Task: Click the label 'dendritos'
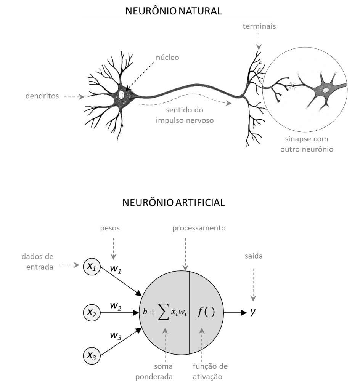click(x=42, y=96)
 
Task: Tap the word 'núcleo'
click(x=167, y=58)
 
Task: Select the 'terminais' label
click(x=259, y=26)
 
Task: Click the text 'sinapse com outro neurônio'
click(x=307, y=144)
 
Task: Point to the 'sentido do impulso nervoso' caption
click(x=185, y=115)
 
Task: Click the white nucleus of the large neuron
click(x=122, y=94)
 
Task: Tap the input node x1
click(x=92, y=267)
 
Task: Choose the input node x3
click(x=92, y=356)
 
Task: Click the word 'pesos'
click(x=110, y=228)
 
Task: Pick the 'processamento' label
click(x=199, y=228)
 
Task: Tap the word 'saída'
click(x=254, y=256)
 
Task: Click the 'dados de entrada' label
click(x=37, y=262)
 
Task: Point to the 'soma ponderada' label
click(x=163, y=371)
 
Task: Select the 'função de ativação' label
click(x=210, y=371)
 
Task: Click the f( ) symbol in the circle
click(x=206, y=312)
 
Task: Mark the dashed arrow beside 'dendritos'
click(x=74, y=97)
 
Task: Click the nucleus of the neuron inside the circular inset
click(x=326, y=90)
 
